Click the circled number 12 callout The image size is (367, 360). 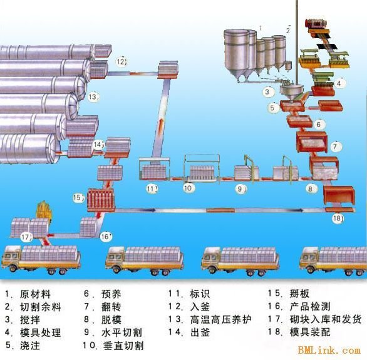(x=121, y=62)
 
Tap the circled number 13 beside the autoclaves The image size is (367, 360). (x=93, y=96)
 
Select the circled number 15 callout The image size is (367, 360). (x=78, y=198)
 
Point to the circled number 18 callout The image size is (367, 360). (x=338, y=219)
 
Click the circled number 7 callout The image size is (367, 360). (x=336, y=147)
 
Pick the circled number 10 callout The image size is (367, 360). (x=189, y=188)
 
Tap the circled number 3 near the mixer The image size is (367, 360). (x=267, y=92)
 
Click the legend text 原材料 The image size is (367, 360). (x=35, y=294)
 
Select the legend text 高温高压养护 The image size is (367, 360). (x=220, y=319)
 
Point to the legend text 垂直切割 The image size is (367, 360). (x=123, y=346)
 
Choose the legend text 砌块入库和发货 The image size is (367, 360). (x=326, y=319)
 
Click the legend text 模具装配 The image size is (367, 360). (x=310, y=332)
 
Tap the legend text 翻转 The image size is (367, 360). (x=111, y=307)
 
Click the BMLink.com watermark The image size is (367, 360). (x=329, y=350)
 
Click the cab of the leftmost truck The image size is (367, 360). (x=11, y=257)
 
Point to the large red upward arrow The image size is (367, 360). (x=161, y=126)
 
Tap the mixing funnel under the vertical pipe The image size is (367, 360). (x=291, y=93)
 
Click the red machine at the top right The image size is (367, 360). (x=316, y=24)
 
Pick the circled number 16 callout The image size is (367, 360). (x=106, y=237)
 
